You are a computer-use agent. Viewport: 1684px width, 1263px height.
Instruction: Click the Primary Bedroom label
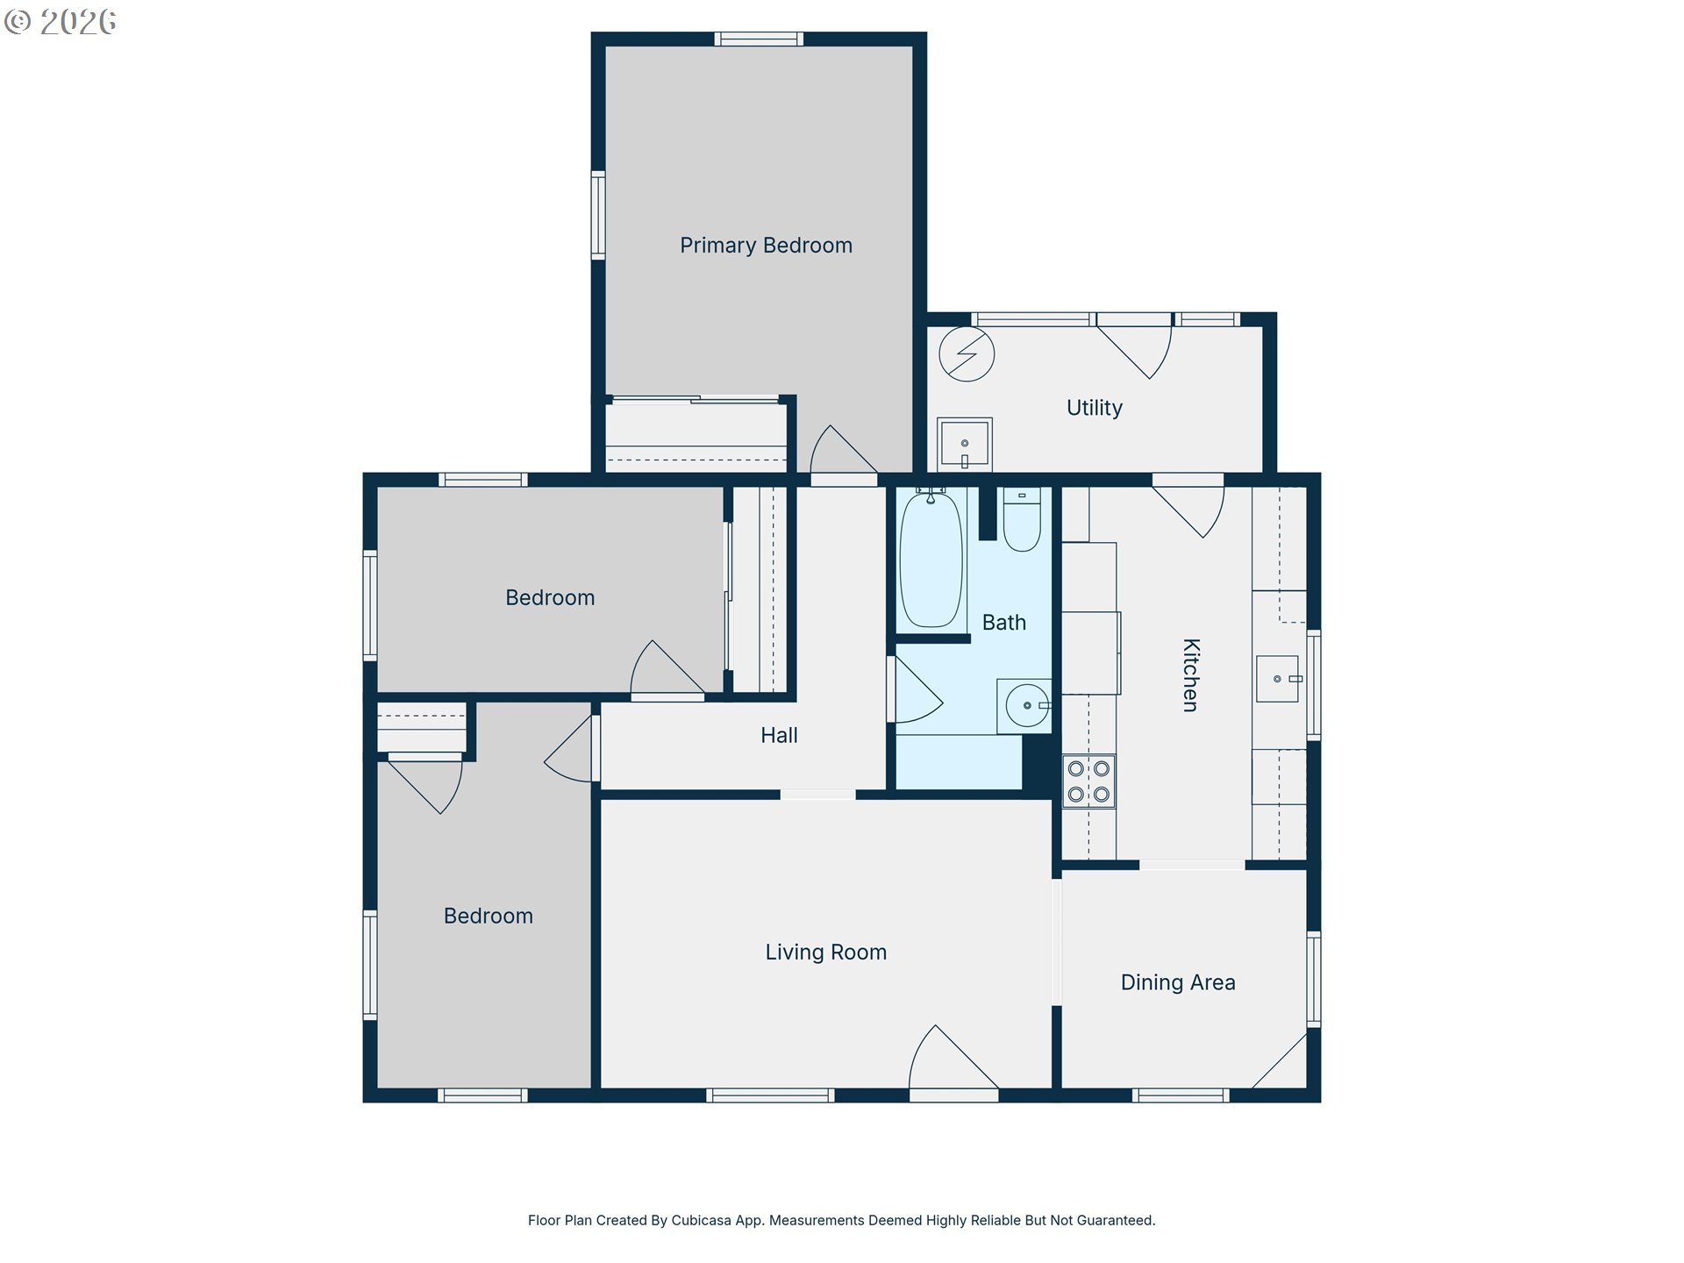(766, 246)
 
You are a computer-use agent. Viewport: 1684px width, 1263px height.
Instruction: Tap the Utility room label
(1094, 408)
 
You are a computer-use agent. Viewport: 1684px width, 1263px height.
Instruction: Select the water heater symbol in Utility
(966, 354)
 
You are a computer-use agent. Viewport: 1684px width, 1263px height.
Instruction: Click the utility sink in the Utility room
(964, 444)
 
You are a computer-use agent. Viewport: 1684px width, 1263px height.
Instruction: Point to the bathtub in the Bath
(931, 560)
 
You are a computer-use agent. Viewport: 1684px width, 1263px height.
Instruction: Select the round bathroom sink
(1026, 705)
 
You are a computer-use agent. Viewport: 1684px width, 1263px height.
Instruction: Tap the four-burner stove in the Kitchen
(1088, 781)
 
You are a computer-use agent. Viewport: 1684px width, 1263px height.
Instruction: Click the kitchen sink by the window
(1277, 679)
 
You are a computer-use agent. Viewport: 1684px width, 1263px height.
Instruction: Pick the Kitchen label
(1190, 674)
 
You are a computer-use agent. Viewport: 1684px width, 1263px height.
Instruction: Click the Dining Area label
(1178, 982)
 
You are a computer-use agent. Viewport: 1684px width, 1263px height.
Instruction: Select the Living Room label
(825, 953)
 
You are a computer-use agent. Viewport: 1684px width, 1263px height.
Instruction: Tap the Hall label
(779, 736)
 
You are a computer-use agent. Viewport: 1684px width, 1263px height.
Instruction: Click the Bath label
(1003, 623)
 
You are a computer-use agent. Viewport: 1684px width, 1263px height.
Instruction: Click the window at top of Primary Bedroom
(759, 39)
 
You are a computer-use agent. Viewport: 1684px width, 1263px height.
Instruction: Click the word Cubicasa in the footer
(701, 1220)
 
